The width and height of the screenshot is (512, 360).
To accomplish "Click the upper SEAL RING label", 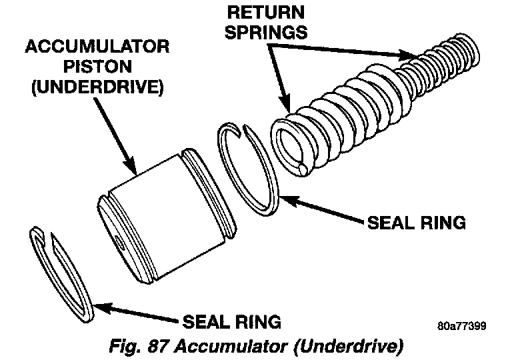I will click(x=415, y=222).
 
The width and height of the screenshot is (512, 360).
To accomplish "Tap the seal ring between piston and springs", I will click(x=249, y=167).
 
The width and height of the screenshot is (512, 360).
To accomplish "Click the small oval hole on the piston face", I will click(x=119, y=242).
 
